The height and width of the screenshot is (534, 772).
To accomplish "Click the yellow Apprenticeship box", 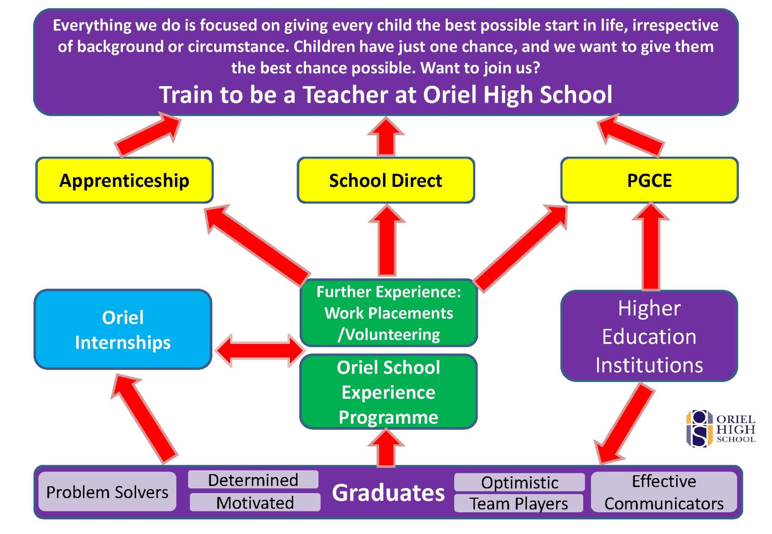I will click(124, 180).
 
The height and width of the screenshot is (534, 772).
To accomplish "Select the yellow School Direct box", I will click(386, 180).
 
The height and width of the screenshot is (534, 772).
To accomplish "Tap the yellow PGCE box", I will click(649, 180).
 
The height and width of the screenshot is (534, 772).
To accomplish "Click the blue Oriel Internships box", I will click(123, 330).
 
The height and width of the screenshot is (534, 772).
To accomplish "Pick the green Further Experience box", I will click(388, 313).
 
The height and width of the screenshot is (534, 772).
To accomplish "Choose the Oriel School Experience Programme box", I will click(388, 392).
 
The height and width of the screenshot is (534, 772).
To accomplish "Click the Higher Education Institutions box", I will click(649, 336).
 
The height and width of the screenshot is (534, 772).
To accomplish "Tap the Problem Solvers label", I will click(107, 492).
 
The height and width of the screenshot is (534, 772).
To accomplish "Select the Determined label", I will click(253, 480).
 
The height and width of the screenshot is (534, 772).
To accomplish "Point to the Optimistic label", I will click(519, 482).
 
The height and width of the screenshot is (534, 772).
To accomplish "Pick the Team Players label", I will click(519, 503).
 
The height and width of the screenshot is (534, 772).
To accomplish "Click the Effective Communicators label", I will click(664, 492).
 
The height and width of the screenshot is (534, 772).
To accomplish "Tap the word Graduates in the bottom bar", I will click(388, 493).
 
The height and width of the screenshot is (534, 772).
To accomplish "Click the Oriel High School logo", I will click(720, 429).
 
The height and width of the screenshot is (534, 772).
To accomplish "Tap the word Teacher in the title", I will click(346, 94).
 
